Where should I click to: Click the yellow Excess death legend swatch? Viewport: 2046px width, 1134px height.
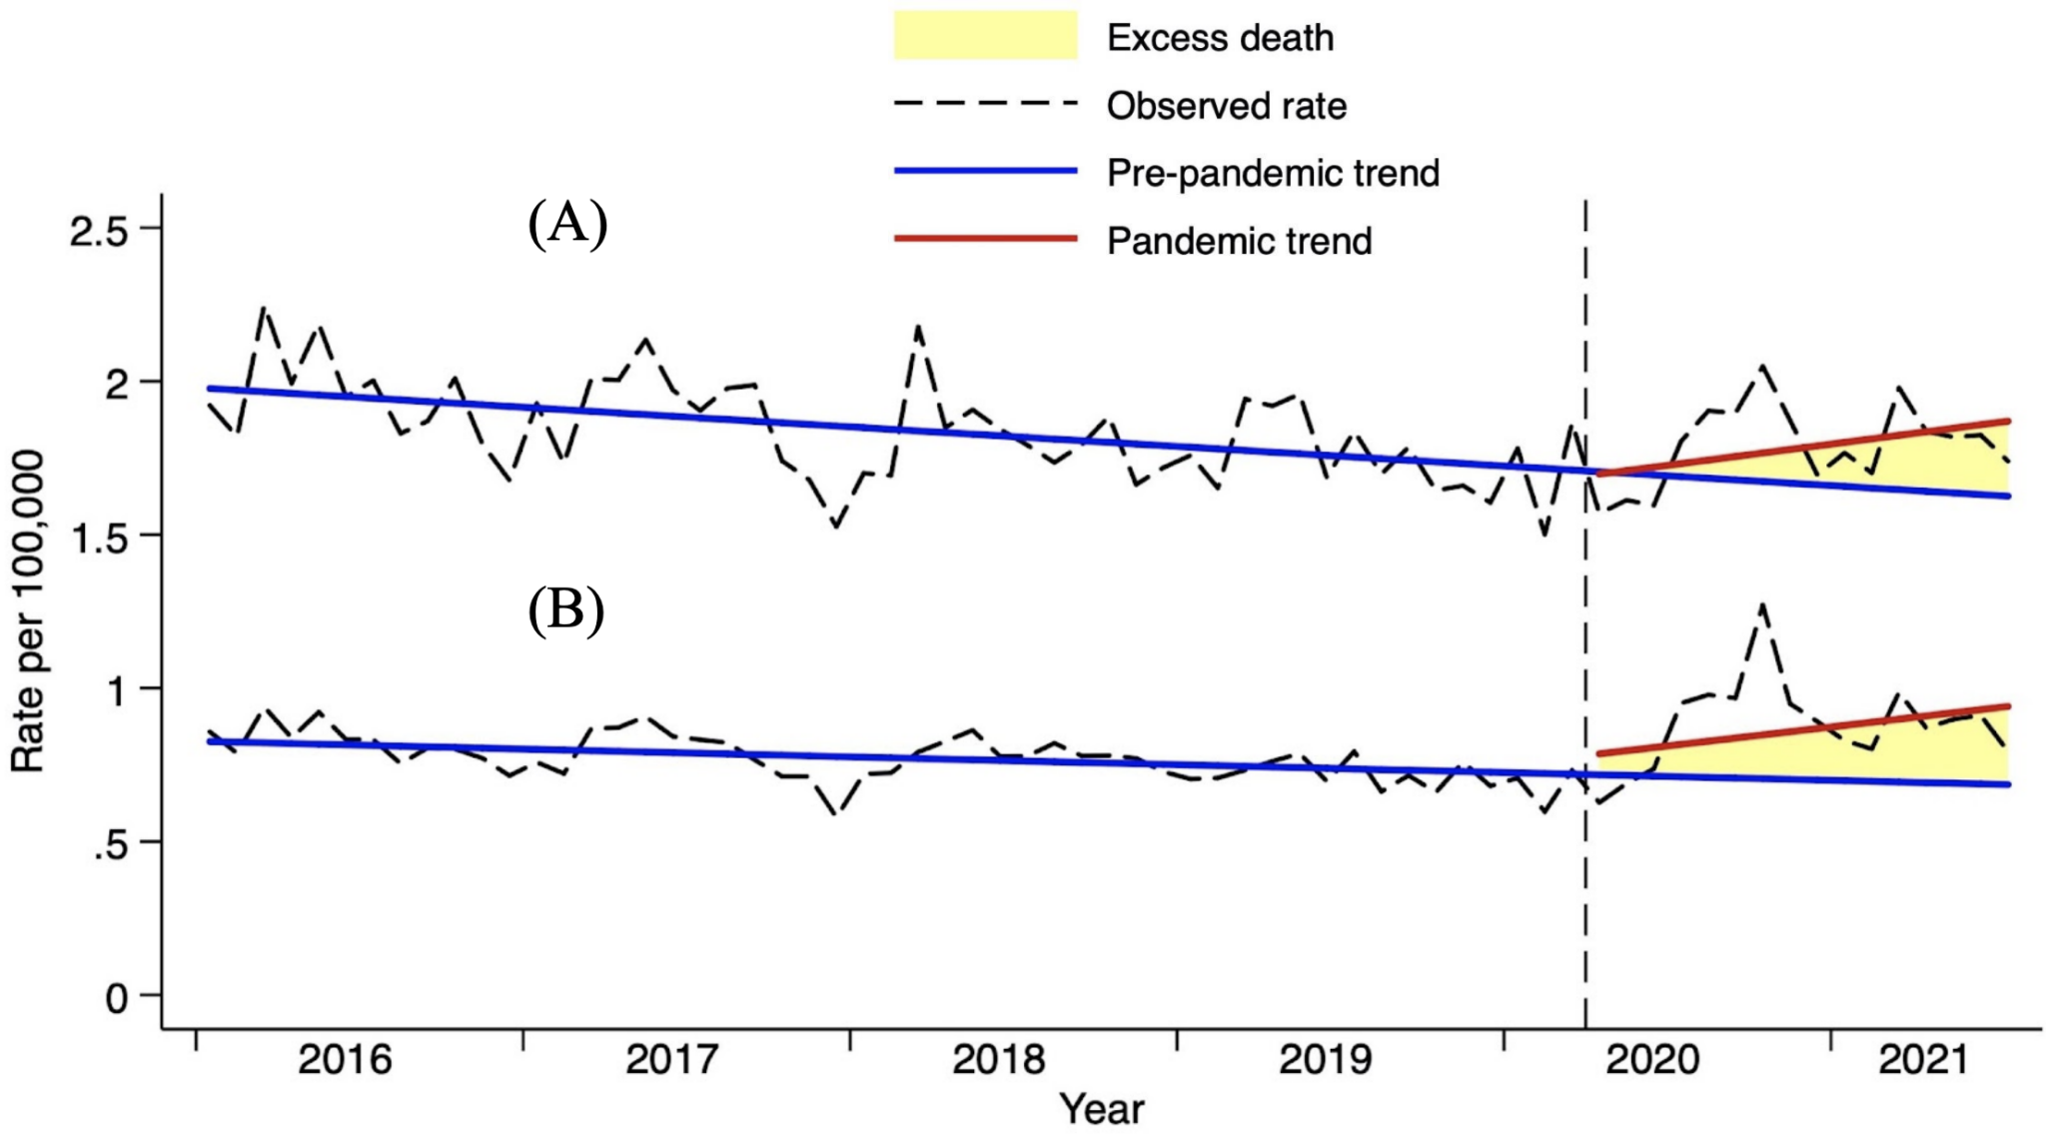[x=984, y=36]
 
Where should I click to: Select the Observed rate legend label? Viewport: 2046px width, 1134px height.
[x=1226, y=106]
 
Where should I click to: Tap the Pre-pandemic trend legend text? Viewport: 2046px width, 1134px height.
[x=1272, y=174]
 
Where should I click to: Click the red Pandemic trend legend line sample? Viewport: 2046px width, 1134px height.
[x=984, y=239]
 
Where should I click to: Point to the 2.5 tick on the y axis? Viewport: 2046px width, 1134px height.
[x=100, y=232]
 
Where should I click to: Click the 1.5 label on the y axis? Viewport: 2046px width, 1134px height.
[x=100, y=538]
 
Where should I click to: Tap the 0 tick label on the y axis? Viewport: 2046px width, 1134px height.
[x=117, y=998]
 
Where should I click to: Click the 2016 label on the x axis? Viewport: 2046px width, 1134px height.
[x=345, y=1059]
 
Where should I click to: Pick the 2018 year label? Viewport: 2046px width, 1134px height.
[x=998, y=1059]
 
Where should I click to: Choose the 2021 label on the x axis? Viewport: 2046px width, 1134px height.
[x=1923, y=1059]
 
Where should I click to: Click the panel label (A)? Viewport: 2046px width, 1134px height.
[x=566, y=223]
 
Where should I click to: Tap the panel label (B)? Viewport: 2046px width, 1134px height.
[x=565, y=609]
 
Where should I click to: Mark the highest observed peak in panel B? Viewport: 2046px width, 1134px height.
[x=1763, y=603]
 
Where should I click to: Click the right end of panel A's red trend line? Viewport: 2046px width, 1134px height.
[x=2006, y=422]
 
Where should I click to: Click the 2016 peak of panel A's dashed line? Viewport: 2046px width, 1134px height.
[x=263, y=308]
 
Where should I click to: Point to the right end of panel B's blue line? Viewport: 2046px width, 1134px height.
[x=2006, y=784]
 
